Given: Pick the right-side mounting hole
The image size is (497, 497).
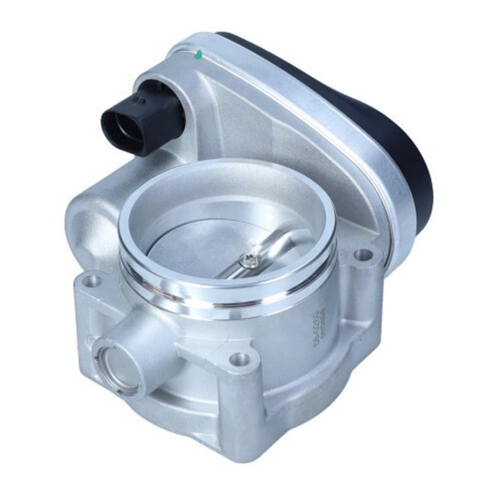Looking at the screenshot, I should point(361,256).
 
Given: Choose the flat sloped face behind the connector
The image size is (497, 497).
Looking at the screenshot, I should point(228,110).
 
